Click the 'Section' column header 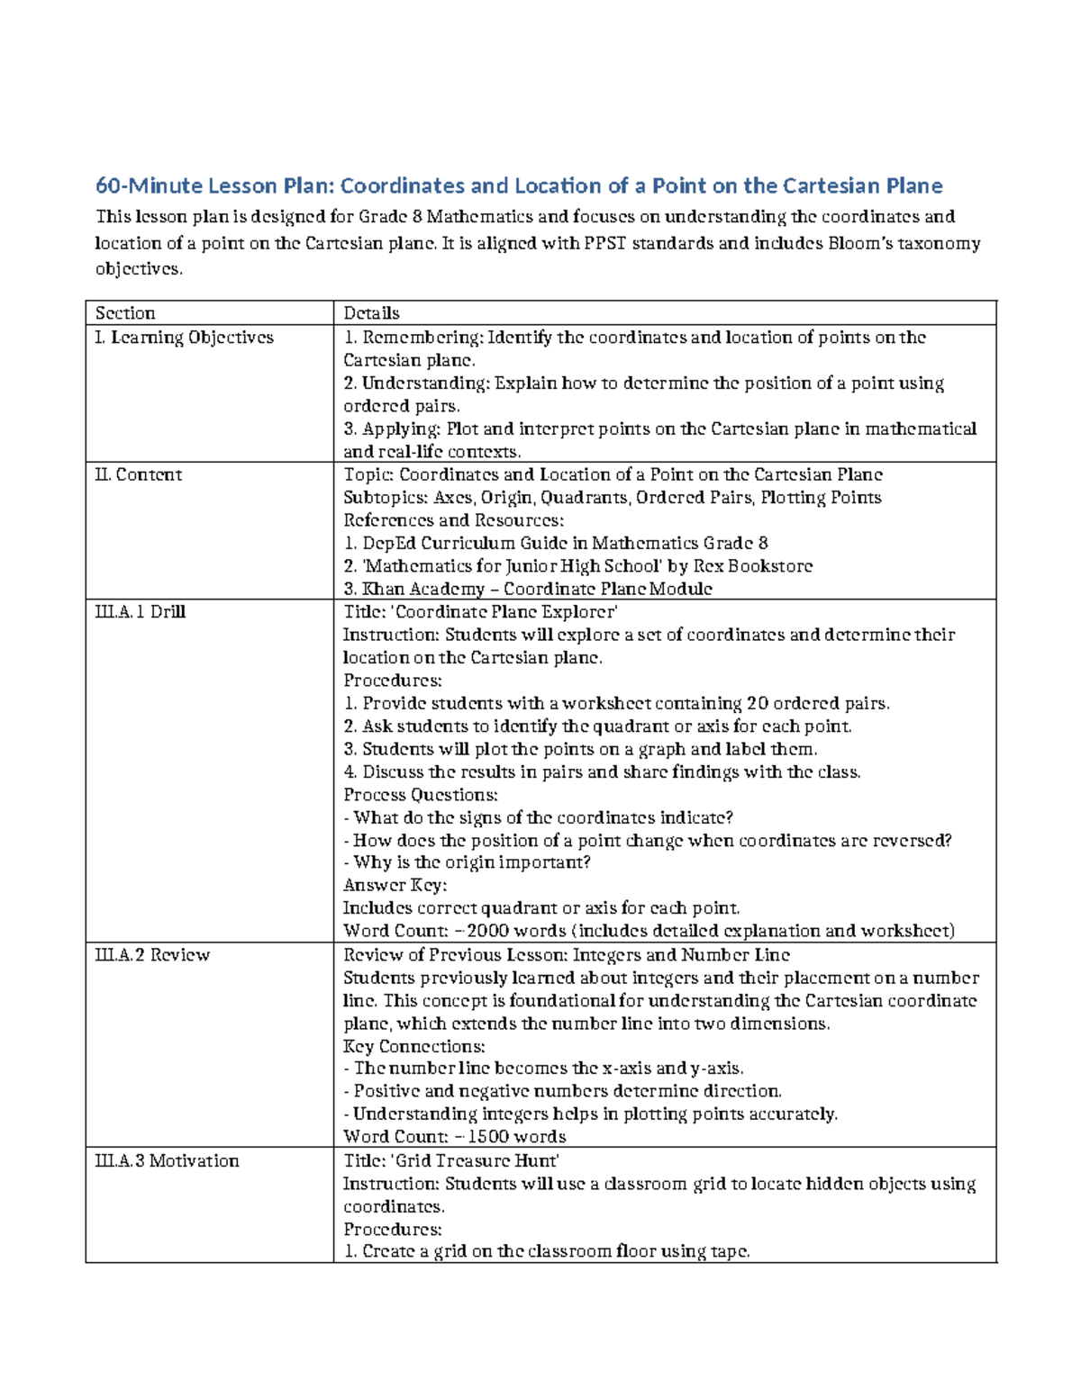(125, 313)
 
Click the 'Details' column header (371, 313)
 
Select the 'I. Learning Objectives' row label (184, 338)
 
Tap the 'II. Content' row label (139, 474)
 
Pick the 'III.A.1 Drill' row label (140, 611)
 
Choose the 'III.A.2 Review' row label (152, 955)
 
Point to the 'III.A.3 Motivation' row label (167, 1160)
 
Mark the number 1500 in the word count (486, 1137)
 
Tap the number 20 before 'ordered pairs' (759, 703)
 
